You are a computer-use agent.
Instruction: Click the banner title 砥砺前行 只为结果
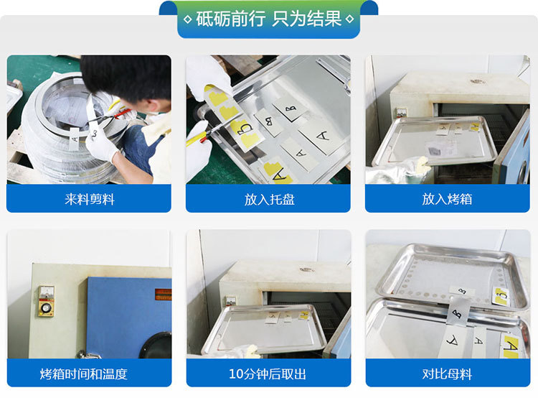tap(268, 19)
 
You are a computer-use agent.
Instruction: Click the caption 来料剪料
tap(89, 199)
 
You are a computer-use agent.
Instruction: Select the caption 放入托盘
tap(268, 199)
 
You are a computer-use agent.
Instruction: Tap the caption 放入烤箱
tap(448, 199)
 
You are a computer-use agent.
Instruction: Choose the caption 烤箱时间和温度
tap(89, 374)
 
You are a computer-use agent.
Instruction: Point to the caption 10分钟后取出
tap(268, 374)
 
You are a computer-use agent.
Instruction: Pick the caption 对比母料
tap(448, 374)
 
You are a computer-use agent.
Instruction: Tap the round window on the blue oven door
tap(156, 345)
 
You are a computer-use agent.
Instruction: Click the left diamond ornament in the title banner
tap(188, 19)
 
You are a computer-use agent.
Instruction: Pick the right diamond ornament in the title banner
tap(349, 19)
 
